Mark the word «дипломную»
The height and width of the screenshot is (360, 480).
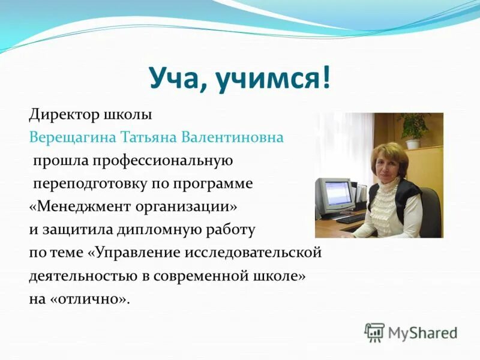point(157,229)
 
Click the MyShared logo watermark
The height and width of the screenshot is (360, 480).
point(411,332)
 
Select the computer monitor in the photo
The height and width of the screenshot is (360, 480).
point(333,195)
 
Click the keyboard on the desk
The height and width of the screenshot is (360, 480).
point(350,219)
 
